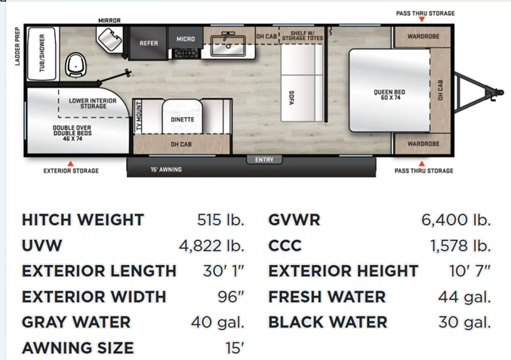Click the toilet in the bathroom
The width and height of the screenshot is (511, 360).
coord(76,66)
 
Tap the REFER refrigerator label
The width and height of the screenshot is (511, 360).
coord(149,43)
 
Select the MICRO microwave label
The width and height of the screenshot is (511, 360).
coord(186,39)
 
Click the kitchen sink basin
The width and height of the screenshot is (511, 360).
coord(228,45)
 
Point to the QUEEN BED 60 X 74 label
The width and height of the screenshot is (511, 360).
coord(389,94)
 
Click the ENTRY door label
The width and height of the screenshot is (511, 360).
coord(264,160)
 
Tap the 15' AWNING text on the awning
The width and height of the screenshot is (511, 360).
coord(166,169)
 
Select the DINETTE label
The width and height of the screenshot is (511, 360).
coord(183,119)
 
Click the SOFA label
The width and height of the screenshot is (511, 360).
coord(291,98)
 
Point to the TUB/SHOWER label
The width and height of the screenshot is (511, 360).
coord(42,53)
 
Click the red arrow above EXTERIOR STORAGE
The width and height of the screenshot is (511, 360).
coord(70,164)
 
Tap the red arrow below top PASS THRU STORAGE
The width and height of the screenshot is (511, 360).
coord(422,20)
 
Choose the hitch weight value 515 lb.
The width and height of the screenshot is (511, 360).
coord(220,220)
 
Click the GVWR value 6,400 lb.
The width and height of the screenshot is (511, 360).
coord(456,220)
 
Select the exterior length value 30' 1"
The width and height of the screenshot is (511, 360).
coord(223,271)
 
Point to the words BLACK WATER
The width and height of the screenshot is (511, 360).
coord(328,322)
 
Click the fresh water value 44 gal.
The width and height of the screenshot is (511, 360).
coord(464,297)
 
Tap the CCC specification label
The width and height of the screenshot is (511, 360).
coord(285,245)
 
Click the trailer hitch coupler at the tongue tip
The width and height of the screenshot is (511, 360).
coord(494,92)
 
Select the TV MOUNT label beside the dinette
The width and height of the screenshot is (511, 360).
coord(139,116)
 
